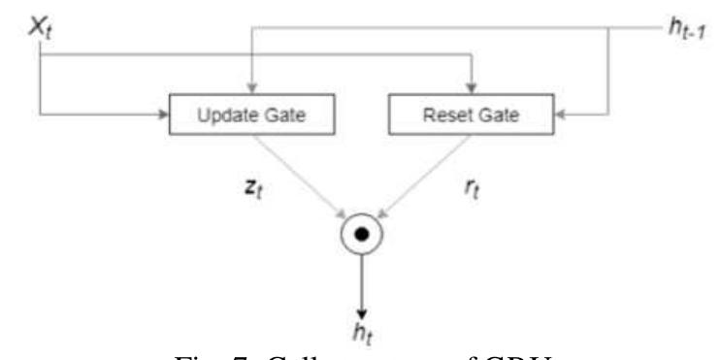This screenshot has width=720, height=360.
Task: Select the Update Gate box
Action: coord(251,116)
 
